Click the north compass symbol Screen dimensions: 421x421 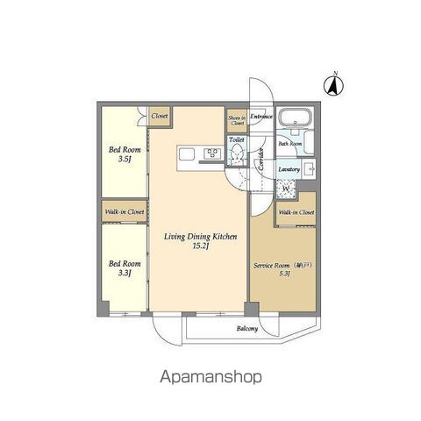click(x=334, y=85)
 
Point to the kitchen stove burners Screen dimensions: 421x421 click(x=212, y=155)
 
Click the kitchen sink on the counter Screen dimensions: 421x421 click(x=186, y=156)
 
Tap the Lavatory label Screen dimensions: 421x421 click(x=289, y=169)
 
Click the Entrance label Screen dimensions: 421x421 click(x=261, y=116)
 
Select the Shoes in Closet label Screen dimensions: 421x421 click(x=237, y=120)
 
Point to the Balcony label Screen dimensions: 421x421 click(x=247, y=330)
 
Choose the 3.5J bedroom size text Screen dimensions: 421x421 click(x=125, y=158)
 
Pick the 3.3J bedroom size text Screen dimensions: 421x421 click(x=125, y=273)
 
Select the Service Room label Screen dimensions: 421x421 click(x=271, y=264)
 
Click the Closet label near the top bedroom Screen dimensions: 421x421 click(x=160, y=116)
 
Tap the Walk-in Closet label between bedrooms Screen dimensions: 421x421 click(x=125, y=211)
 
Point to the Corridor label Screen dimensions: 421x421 click(x=260, y=159)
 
